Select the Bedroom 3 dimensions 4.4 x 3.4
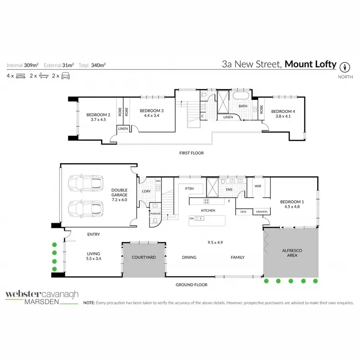152,116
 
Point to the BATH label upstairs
243,107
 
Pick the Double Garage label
119,192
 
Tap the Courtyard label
144,258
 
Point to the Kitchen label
208,211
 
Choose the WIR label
257,186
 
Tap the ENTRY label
94,235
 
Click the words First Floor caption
191,153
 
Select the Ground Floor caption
191,285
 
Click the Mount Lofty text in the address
310,64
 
